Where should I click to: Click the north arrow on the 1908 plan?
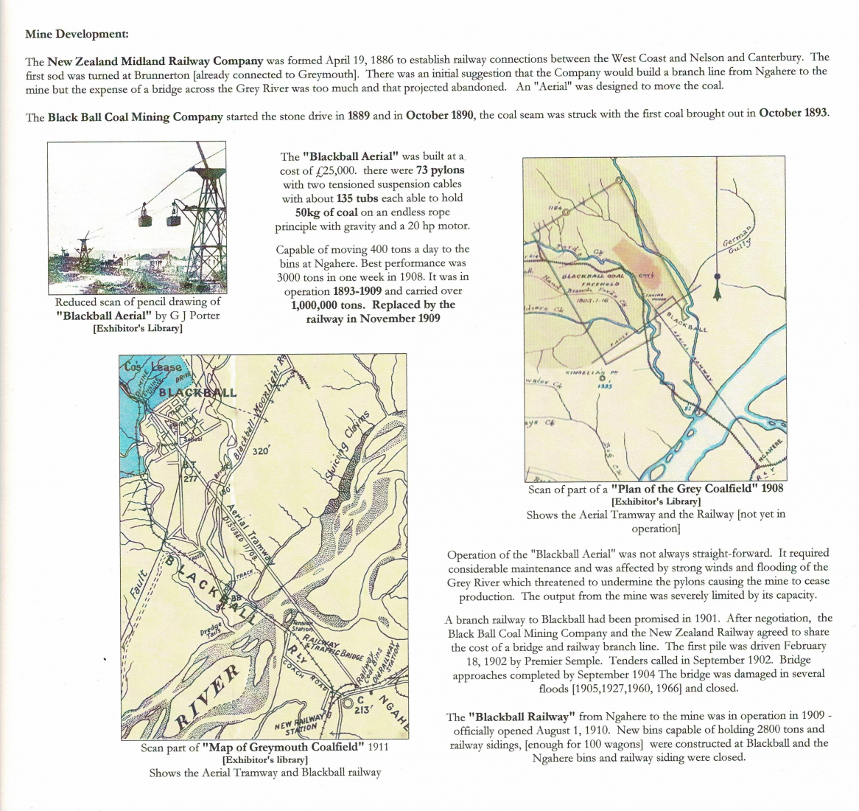click(x=716, y=288)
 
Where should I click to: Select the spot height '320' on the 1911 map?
click(x=262, y=450)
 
